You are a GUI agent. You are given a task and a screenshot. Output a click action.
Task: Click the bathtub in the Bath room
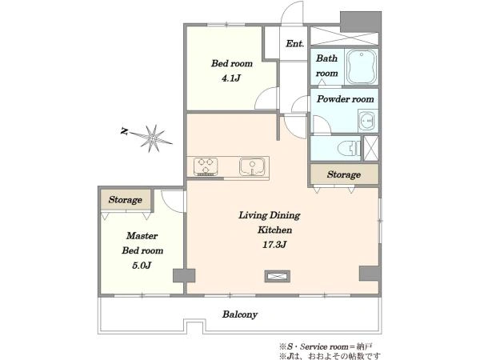[362, 66]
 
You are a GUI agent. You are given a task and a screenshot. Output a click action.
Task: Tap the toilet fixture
[350, 149]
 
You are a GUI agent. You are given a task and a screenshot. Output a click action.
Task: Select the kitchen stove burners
[206, 166]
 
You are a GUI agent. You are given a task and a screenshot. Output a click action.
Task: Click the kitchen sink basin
[252, 166]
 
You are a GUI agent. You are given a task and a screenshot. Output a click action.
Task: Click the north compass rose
[151, 138]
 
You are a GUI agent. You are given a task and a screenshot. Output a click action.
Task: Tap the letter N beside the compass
[124, 131]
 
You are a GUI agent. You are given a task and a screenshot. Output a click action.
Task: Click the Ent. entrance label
[294, 44]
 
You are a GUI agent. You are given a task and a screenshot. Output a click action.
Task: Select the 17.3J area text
[274, 245]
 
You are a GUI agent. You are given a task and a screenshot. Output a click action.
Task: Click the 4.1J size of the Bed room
[231, 78]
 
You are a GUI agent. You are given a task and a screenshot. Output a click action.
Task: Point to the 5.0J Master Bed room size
[142, 265]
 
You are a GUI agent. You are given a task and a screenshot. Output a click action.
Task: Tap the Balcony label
[240, 314]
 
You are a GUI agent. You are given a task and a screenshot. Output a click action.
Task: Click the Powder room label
[346, 99]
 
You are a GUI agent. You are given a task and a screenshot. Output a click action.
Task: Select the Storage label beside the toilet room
[343, 174]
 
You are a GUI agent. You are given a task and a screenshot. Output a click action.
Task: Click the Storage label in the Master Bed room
[126, 200]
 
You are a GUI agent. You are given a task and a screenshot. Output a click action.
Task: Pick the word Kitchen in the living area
[274, 230]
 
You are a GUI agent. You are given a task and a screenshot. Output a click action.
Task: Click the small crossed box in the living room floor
[277, 276]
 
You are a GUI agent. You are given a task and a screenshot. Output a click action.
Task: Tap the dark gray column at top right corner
[361, 22]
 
